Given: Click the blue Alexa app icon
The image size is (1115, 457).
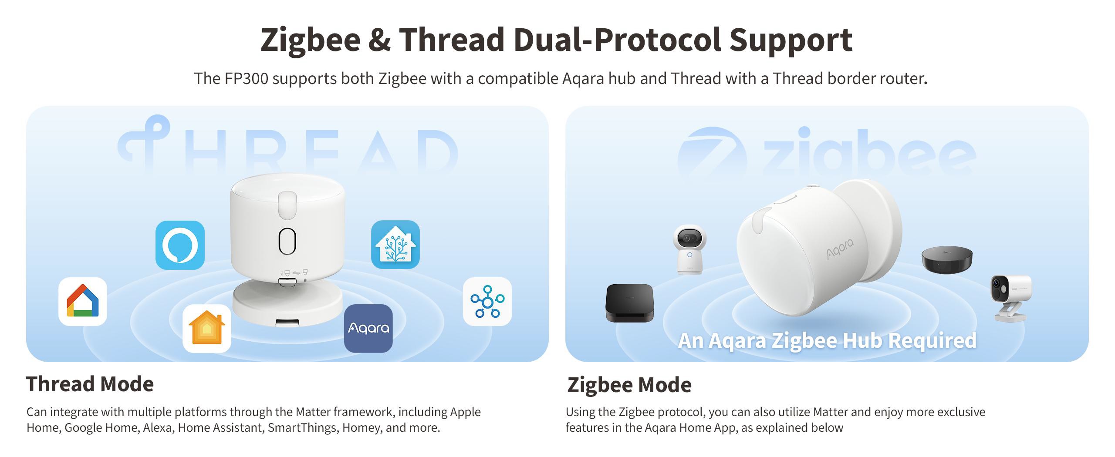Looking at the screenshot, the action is [180, 245].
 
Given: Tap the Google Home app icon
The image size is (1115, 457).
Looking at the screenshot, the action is [83, 302].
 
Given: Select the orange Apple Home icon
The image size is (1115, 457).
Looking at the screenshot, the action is [207, 329].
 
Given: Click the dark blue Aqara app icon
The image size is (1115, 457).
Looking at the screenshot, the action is [368, 329].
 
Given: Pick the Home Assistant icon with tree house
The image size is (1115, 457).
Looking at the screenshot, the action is [395, 245].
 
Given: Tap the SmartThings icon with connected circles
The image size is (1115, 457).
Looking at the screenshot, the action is [487, 302].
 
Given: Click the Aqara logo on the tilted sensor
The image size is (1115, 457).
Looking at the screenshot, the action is [840, 249].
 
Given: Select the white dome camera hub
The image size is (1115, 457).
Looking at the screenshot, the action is [689, 249].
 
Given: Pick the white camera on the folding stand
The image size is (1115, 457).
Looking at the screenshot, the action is [1010, 297].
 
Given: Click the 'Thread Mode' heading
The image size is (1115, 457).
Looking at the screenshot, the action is [90, 384].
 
